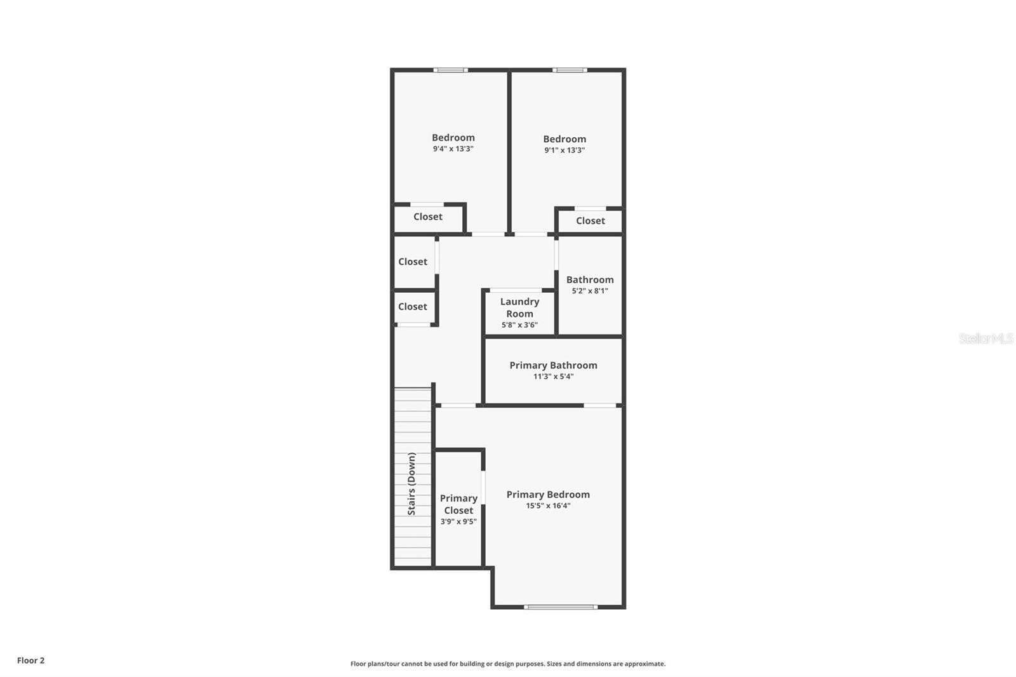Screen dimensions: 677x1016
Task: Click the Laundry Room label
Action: (519, 307)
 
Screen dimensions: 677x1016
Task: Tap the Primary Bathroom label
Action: (553, 365)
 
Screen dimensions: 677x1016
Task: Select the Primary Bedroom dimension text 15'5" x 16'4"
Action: (548, 506)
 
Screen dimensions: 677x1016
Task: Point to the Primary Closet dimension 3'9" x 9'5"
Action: (458, 522)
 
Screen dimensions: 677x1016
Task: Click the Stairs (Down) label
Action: (412, 483)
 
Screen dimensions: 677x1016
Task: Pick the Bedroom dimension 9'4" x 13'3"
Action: (453, 149)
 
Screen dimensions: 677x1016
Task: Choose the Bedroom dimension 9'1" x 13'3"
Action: (565, 151)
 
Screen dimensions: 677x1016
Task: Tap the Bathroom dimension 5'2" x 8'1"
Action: (590, 291)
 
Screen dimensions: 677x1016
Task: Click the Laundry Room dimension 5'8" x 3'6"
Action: (519, 325)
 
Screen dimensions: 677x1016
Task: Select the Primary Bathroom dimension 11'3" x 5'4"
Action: (553, 377)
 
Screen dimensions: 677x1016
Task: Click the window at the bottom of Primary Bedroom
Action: (561, 607)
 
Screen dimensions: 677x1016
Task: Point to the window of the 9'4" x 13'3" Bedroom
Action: (451, 70)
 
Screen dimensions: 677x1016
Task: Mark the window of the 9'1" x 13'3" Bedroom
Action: (570, 70)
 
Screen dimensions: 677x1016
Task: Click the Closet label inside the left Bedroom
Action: (428, 217)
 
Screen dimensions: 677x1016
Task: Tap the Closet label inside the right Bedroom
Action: (591, 221)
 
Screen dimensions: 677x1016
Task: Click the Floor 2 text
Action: (30, 660)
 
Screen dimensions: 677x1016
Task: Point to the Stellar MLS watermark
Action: (986, 338)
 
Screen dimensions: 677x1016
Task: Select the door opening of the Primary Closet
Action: (483, 487)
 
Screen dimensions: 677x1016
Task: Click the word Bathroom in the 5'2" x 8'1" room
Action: (590, 279)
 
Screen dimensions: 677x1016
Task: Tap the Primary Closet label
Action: (458, 504)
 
